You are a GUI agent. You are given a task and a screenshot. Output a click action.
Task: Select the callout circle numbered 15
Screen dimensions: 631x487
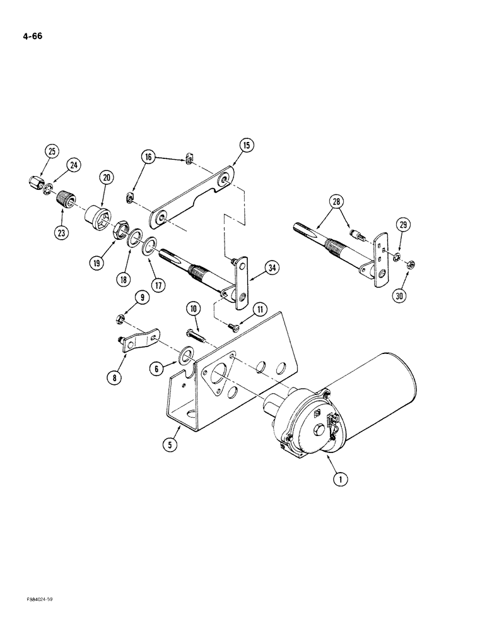tap(245, 145)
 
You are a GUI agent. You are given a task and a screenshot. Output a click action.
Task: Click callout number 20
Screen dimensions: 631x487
tap(105, 179)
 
